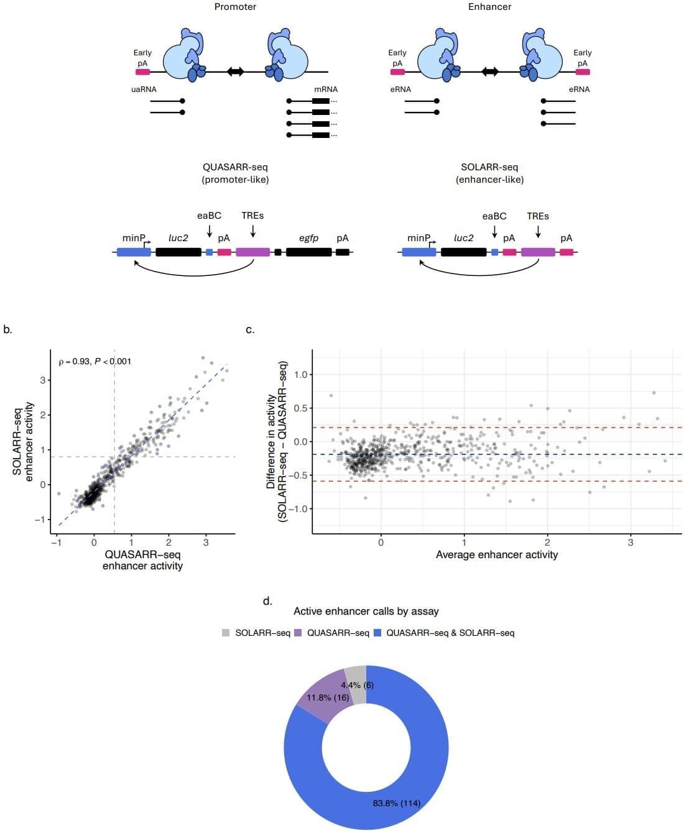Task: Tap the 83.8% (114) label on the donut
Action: (x=396, y=803)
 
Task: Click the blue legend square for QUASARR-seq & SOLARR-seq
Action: (x=377, y=633)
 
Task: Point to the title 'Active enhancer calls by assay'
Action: (x=366, y=611)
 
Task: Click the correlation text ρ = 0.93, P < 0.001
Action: (x=95, y=361)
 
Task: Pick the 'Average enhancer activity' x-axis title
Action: (x=496, y=554)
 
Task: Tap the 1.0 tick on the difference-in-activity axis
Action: (x=301, y=374)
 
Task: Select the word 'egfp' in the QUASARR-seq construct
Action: (x=308, y=238)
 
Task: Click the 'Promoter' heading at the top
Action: (x=235, y=7)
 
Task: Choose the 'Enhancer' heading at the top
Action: (x=489, y=7)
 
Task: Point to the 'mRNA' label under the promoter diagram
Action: (x=326, y=90)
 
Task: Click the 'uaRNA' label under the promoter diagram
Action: (x=144, y=90)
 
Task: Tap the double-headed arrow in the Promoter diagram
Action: (x=235, y=71)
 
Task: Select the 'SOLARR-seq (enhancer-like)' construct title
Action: (x=489, y=173)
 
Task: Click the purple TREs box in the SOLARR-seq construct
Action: (x=538, y=252)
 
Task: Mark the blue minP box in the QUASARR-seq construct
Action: (x=133, y=252)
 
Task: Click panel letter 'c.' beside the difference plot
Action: (x=250, y=329)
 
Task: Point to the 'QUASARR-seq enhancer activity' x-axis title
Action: (x=142, y=560)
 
